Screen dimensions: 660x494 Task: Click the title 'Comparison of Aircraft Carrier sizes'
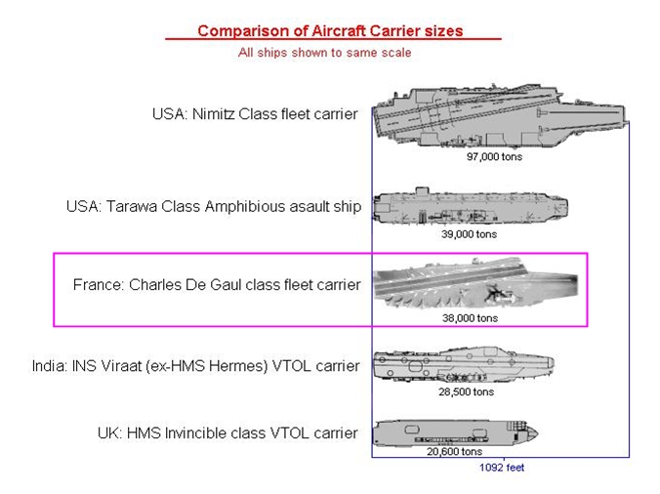(330, 30)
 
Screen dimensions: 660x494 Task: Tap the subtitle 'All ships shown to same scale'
(324, 53)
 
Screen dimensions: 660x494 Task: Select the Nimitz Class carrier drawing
(501, 116)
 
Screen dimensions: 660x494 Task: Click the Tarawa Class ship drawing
(471, 206)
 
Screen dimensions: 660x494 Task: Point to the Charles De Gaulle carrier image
(475, 283)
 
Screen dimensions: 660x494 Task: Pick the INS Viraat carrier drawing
(464, 364)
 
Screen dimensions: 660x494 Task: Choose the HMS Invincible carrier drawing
(456, 433)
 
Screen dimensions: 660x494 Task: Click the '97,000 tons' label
(494, 156)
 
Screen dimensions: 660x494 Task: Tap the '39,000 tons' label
(469, 234)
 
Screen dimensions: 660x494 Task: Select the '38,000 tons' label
(470, 318)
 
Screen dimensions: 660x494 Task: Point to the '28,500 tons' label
(466, 391)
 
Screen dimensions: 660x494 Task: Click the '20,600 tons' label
(454, 451)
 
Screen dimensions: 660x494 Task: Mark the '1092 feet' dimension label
(502, 468)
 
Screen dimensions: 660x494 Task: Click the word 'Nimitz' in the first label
(214, 114)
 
